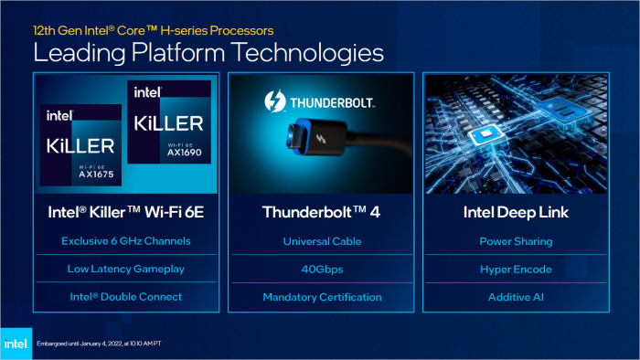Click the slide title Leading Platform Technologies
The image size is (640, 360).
coord(208,52)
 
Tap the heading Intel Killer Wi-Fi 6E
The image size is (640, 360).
coord(124,212)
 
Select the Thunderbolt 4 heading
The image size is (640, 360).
coord(319,212)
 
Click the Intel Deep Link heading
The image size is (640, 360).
coord(515,212)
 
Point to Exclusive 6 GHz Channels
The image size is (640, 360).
coord(124,242)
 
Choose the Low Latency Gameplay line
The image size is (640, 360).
coord(124,270)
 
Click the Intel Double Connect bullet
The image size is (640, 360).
coord(124,297)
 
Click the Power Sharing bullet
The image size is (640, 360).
coord(515,242)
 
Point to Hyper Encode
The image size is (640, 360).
coord(515,270)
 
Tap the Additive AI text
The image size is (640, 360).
coord(515,297)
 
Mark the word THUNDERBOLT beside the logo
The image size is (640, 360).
coord(336,101)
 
